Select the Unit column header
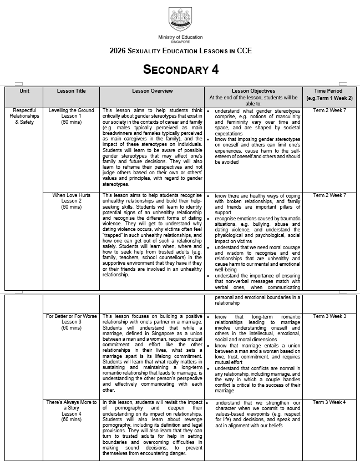click(24, 91)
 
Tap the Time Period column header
click(329, 94)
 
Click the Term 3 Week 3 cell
click(329, 316)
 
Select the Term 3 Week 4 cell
click(329, 402)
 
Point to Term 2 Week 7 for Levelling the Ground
click(329, 110)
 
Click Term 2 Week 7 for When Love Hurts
click(329, 195)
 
